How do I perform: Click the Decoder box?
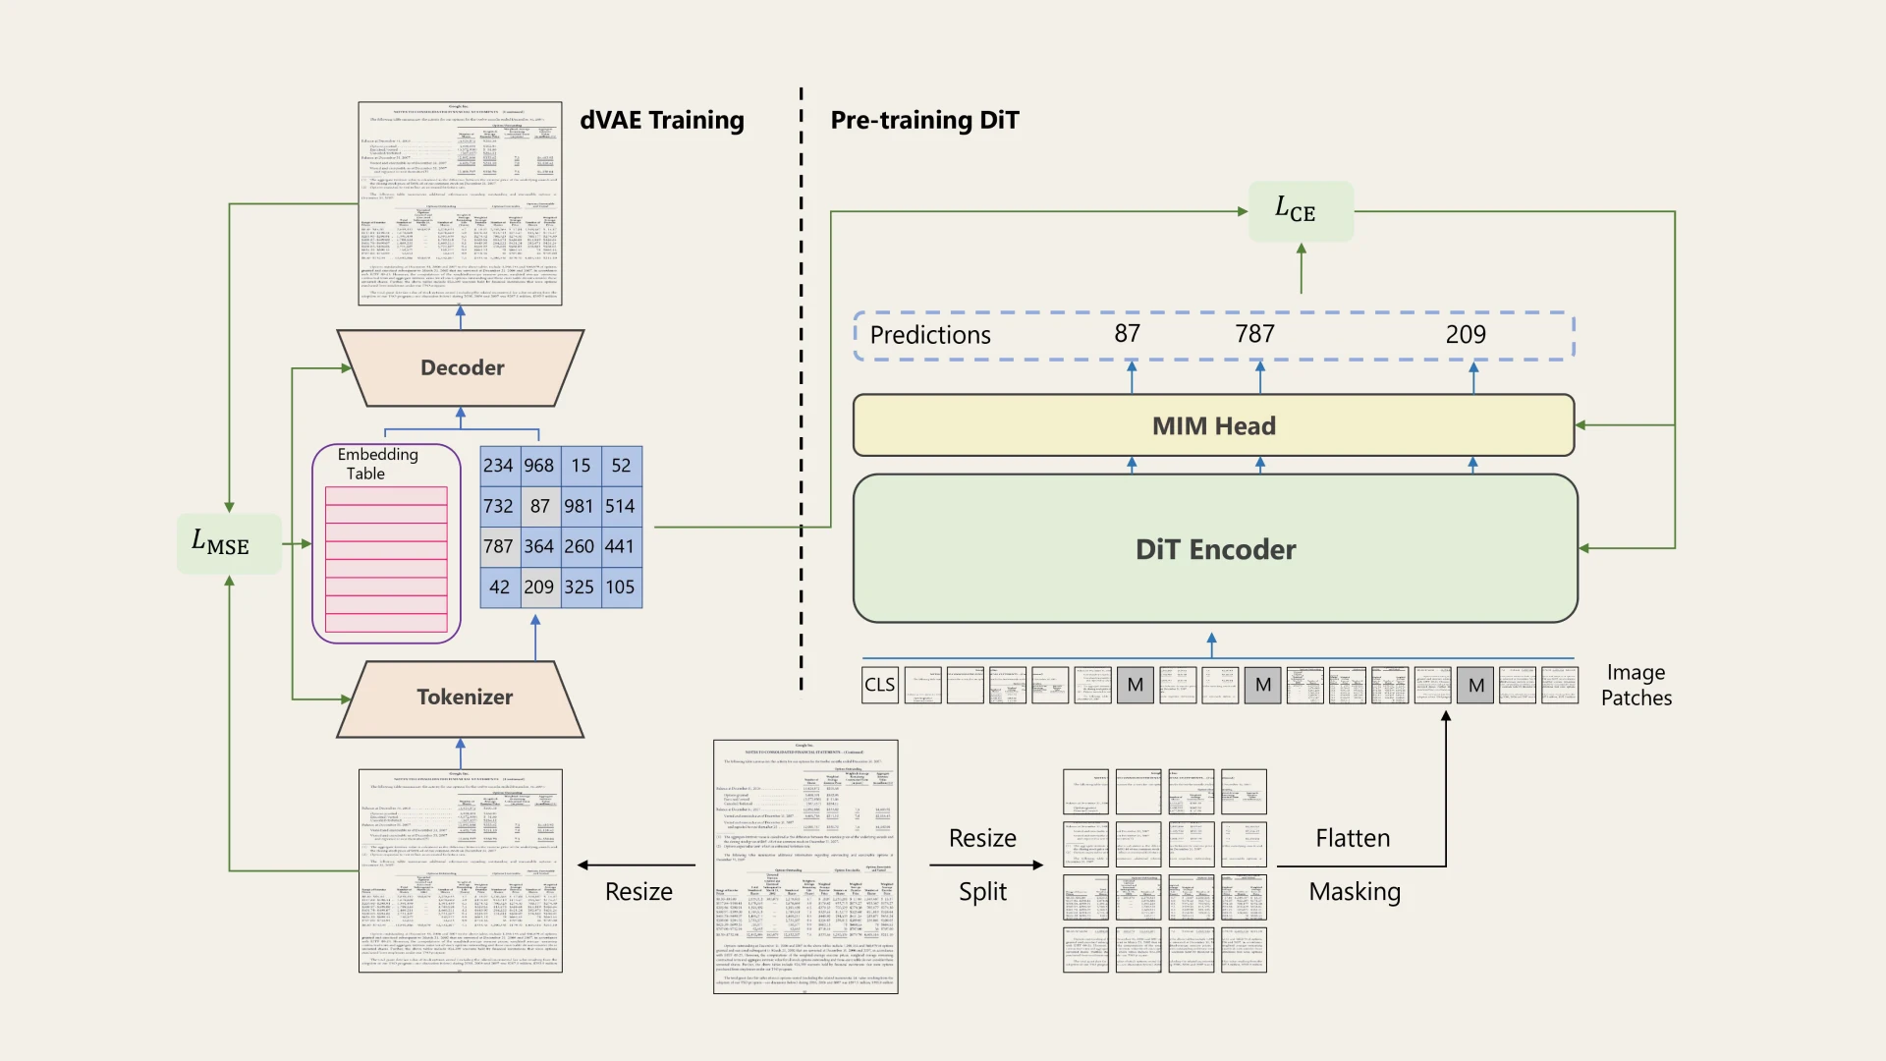pos(461,368)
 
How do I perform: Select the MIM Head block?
pos(1213,425)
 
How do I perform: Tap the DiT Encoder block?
pos(1215,549)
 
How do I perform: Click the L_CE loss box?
pos(1301,211)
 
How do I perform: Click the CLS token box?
pos(879,685)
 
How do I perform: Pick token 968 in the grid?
pos(539,466)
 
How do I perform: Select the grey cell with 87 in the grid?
pos(539,506)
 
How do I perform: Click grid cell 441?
pos(620,546)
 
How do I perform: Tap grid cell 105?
pos(620,587)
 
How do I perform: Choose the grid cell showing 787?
pos(498,546)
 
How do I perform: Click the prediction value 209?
pos(1466,335)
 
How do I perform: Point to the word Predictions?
pos(930,335)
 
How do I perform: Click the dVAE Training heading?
pos(662,120)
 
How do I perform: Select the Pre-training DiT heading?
pos(924,120)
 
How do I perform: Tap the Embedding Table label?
pos(377,464)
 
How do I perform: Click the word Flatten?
pos(1353,838)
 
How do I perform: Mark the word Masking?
pos(1355,891)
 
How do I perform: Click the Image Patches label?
pos(1636,685)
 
